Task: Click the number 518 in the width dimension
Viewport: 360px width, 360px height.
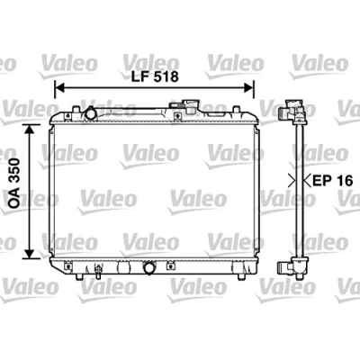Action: click(x=166, y=77)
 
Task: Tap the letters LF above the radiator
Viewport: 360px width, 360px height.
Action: click(x=140, y=77)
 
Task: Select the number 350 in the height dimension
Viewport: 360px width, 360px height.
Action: click(x=14, y=172)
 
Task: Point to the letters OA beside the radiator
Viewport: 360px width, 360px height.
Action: click(x=14, y=199)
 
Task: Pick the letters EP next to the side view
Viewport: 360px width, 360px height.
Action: click(x=322, y=181)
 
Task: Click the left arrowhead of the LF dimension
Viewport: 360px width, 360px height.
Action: click(x=60, y=88)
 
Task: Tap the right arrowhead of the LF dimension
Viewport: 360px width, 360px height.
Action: click(x=248, y=88)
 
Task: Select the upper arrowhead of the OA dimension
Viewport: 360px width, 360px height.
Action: click(x=29, y=130)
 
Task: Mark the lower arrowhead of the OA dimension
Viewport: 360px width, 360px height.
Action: click(x=29, y=253)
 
